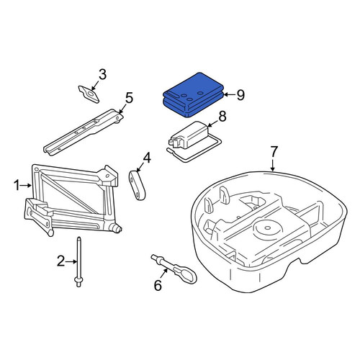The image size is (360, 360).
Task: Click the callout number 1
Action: (x=17, y=186)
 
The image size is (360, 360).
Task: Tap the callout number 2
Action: (x=61, y=261)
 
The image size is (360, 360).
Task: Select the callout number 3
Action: (x=102, y=75)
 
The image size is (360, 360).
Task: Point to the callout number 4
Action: (x=147, y=158)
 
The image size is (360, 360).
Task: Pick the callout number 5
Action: (x=129, y=98)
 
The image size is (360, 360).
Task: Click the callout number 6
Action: (x=158, y=285)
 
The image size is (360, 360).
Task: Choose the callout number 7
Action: (x=274, y=152)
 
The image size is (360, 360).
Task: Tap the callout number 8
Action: (x=222, y=117)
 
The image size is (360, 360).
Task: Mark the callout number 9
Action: (x=240, y=95)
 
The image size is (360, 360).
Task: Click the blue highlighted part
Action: (x=193, y=95)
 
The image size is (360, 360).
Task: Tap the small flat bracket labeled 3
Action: (x=89, y=94)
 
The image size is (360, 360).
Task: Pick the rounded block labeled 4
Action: (x=137, y=185)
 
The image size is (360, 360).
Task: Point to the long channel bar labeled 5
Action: (x=84, y=132)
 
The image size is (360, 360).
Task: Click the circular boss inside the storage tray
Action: (x=266, y=228)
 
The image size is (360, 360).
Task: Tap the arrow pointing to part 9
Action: (x=229, y=95)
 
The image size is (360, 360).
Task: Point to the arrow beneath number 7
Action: (x=272, y=165)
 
